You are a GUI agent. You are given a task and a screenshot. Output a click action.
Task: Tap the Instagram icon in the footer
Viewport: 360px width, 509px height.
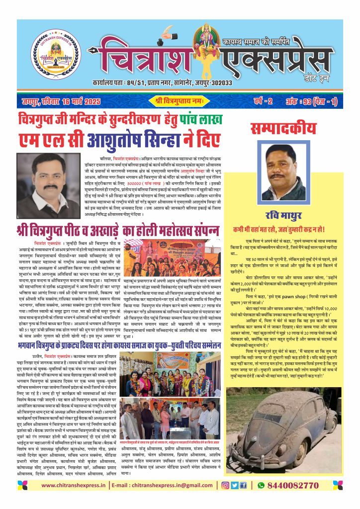pos(225,485)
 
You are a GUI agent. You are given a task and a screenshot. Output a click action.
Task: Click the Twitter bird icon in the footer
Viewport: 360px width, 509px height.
pos(234,485)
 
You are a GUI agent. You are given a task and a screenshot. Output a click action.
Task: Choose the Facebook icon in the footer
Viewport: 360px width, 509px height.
pos(243,485)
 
